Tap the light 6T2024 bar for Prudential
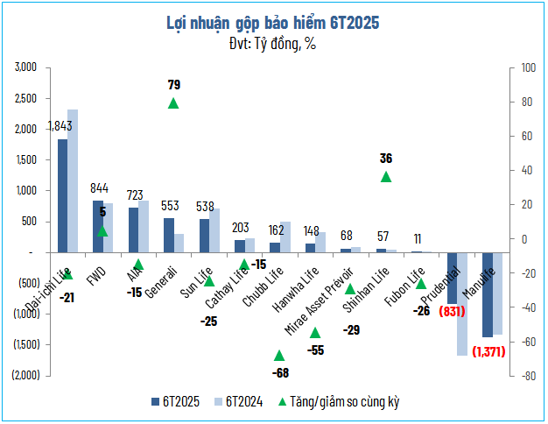(462, 304)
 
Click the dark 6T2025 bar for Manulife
(488, 294)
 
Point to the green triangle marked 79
(173, 103)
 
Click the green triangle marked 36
(386, 177)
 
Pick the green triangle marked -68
(279, 356)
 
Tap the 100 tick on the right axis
(528, 67)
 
